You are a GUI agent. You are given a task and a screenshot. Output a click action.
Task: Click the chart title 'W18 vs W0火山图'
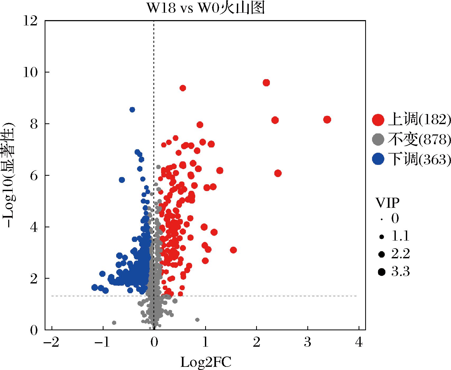coord(205,9)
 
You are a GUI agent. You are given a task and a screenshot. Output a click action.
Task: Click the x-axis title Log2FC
coord(206,362)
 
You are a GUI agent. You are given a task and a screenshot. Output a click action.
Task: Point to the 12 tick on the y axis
coord(30,20)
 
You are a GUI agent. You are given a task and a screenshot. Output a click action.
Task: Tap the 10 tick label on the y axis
coord(30,72)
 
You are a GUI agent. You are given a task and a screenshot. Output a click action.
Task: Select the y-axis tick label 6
coord(34,175)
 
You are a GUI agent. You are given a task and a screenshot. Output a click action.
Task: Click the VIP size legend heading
coord(387,203)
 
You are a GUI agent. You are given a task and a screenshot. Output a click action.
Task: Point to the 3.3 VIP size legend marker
coord(382,272)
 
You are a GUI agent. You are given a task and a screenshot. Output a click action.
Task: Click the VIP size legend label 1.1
coord(400,236)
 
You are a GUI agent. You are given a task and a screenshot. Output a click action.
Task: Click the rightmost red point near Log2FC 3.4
coord(327,120)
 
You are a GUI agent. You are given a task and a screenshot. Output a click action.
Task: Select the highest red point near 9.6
coord(266,83)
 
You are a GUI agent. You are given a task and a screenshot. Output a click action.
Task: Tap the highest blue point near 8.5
coord(132,110)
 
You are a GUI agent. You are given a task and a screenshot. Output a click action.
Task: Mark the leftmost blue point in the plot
coord(95,287)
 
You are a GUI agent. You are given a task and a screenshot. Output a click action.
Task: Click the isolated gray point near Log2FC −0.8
coord(114,323)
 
